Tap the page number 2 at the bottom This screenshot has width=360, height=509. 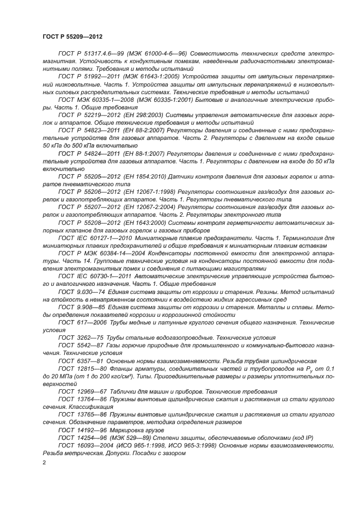[45, 462]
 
